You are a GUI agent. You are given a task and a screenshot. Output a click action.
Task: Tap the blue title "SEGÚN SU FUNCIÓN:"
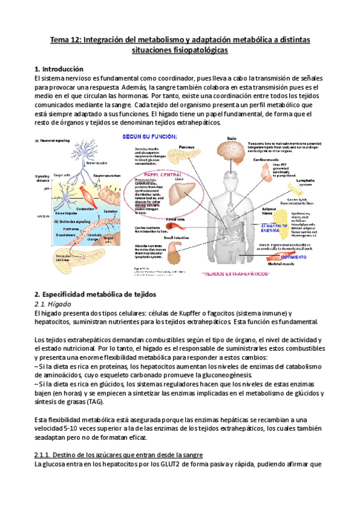point(150,137)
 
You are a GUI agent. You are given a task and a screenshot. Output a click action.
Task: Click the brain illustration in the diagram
point(234,150)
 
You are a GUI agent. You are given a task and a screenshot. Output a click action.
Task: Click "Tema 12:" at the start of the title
point(66,40)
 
